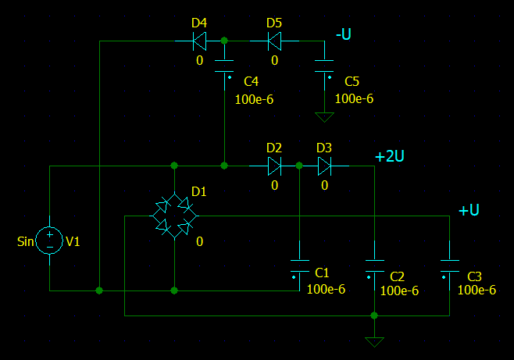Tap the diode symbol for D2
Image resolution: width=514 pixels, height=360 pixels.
coord(274,166)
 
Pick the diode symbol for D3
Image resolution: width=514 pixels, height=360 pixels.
coord(324,166)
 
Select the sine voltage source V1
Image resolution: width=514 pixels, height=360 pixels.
coord(49,241)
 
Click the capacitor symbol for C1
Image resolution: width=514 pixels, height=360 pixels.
coord(299,266)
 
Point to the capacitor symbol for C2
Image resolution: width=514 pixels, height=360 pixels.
coord(375,266)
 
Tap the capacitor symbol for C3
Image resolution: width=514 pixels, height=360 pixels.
coord(449,266)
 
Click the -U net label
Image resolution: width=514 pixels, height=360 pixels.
coord(344,34)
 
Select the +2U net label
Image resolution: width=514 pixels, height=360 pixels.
coord(389,156)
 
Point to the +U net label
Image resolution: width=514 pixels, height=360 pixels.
coord(468,210)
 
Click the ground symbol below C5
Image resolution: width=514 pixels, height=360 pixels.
coord(324,117)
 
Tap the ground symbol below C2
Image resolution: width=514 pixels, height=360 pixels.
coord(375,341)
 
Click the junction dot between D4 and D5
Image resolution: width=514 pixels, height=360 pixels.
coord(224,40)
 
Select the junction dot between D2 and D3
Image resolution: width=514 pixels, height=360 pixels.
coord(299,166)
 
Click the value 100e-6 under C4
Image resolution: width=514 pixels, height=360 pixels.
coord(254,99)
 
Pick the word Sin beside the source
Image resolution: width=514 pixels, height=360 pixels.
coord(27,241)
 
